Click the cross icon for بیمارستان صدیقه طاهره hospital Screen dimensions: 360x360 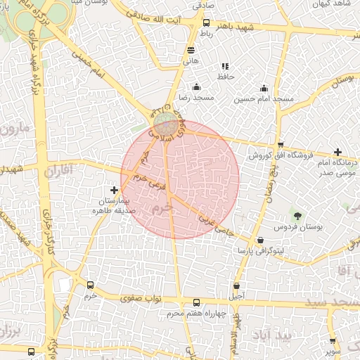(x=115, y=190)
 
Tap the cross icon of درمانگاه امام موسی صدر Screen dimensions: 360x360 (x=338, y=152)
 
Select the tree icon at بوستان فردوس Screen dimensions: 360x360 (x=298, y=215)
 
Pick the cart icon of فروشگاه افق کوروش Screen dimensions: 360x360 (x=280, y=144)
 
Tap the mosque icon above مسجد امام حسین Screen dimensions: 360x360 (x=264, y=89)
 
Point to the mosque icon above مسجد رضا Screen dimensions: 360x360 (x=196, y=87)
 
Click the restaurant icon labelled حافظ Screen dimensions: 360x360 (x=225, y=66)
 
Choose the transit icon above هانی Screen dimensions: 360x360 (x=191, y=51)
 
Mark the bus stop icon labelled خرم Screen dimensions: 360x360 (x=90, y=285)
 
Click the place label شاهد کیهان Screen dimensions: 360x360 (x=332, y=4)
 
